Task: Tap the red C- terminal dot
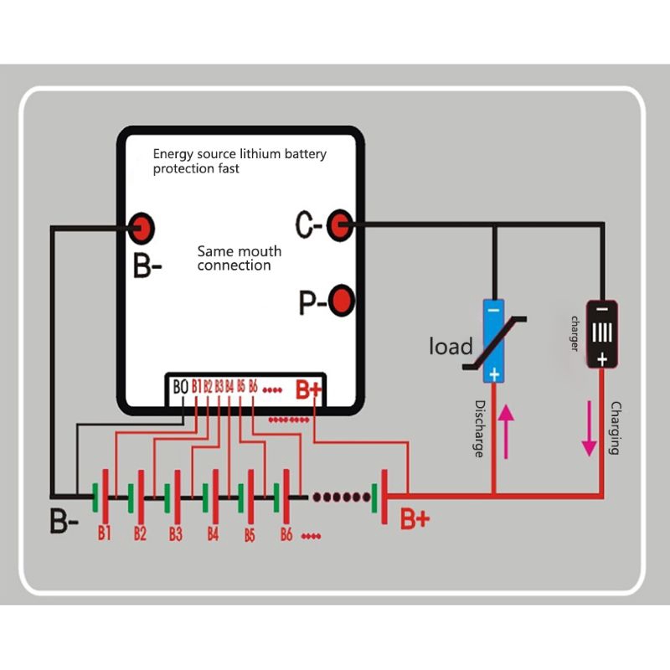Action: (x=338, y=224)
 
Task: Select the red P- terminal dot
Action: (x=341, y=300)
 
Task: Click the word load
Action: (x=451, y=346)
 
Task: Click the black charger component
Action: (x=601, y=333)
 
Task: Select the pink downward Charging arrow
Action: (x=590, y=428)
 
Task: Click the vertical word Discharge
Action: (x=479, y=428)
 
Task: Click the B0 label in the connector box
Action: (x=180, y=387)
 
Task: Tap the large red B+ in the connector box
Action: (x=308, y=389)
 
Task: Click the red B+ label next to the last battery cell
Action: (x=415, y=519)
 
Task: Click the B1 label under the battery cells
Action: (x=105, y=533)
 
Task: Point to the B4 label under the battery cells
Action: (x=213, y=533)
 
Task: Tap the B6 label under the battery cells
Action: (x=286, y=534)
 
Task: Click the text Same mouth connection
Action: (x=239, y=258)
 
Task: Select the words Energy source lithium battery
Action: (x=239, y=154)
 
